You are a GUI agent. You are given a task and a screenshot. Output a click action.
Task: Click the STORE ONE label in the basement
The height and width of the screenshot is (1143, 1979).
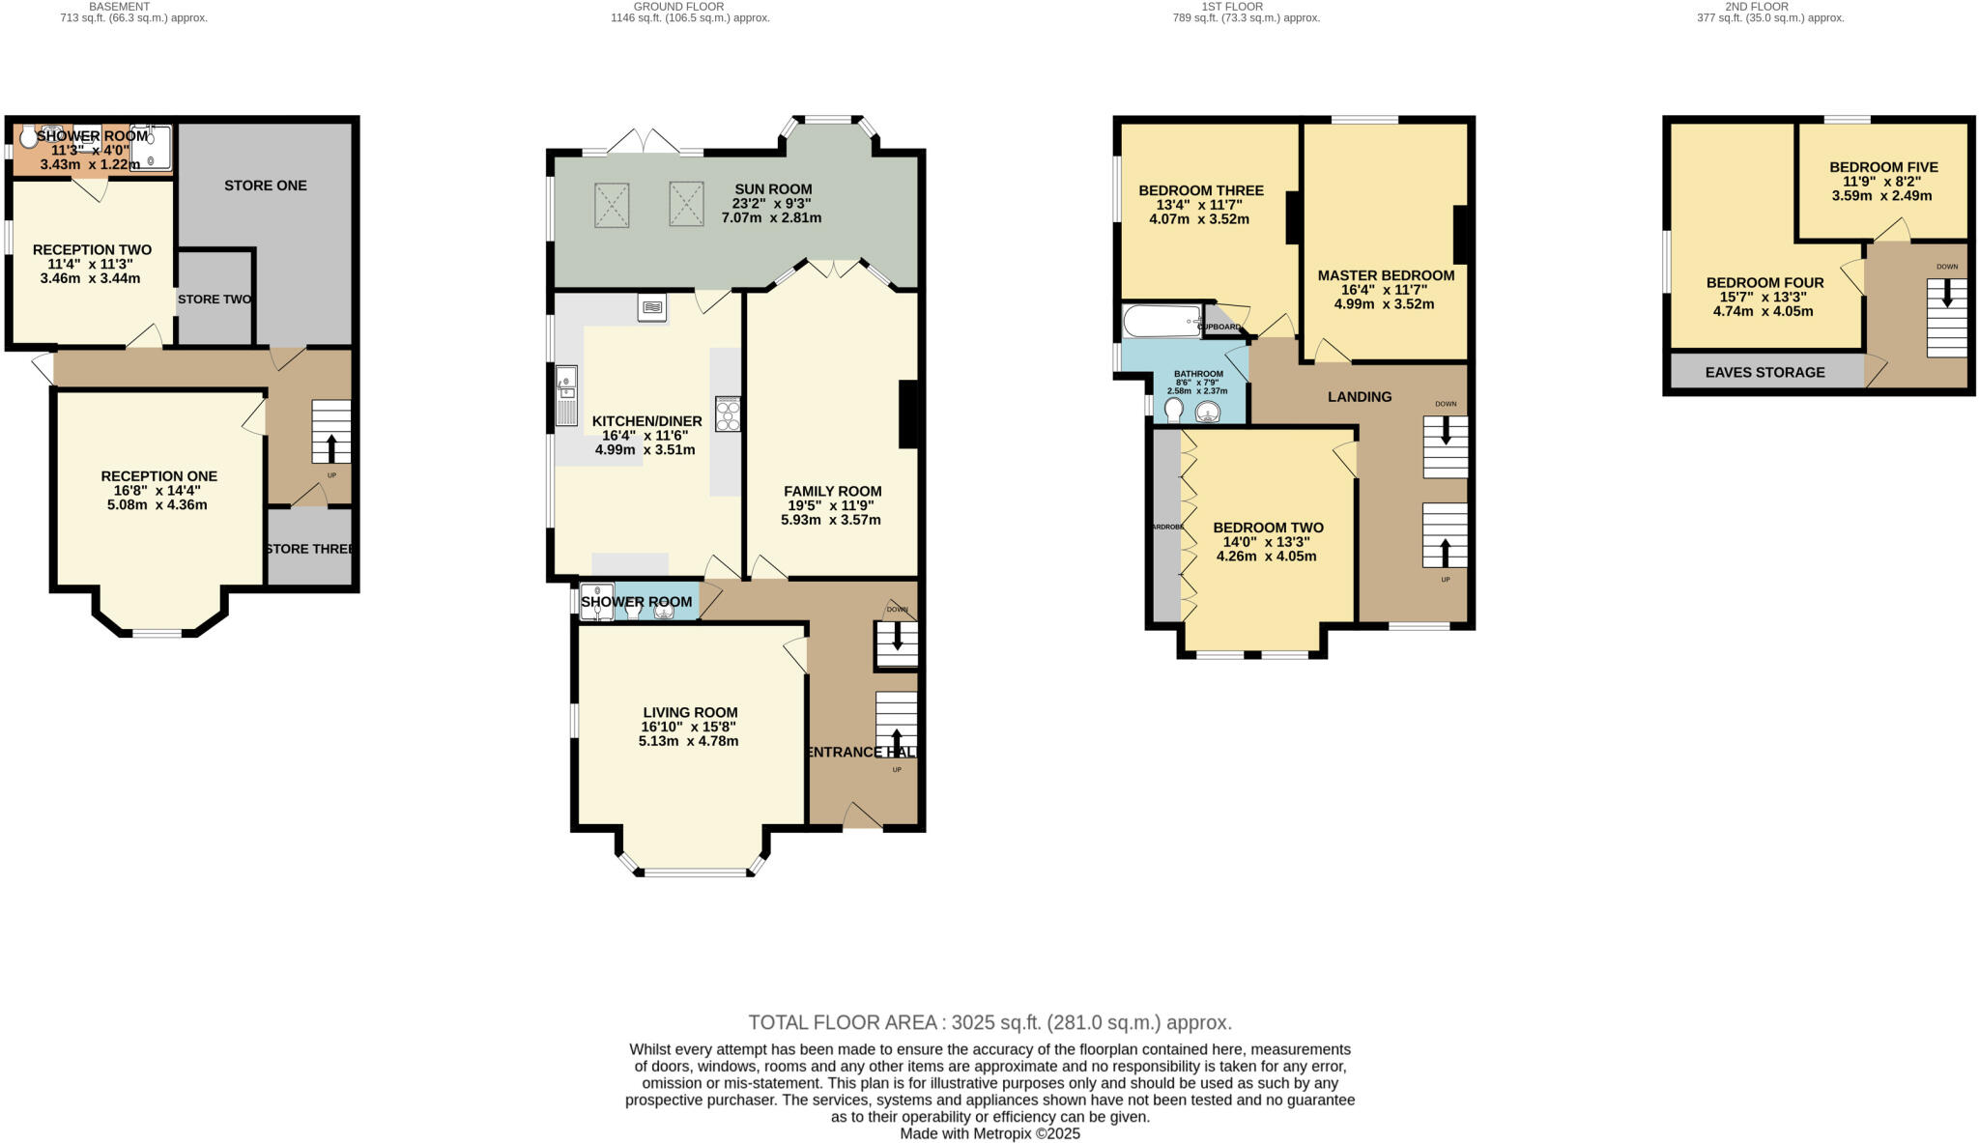265,186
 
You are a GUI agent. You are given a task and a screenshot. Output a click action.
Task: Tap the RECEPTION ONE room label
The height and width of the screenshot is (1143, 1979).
159,476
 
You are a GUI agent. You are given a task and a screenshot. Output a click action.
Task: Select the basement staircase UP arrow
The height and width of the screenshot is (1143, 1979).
332,449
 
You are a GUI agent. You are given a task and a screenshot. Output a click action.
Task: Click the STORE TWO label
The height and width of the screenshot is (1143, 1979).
215,300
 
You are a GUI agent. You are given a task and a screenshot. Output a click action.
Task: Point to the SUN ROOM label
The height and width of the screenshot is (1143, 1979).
773,189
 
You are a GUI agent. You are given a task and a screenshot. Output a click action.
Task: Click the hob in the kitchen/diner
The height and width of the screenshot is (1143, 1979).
728,414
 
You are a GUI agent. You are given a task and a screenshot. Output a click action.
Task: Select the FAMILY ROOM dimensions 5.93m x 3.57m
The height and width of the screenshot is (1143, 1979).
831,520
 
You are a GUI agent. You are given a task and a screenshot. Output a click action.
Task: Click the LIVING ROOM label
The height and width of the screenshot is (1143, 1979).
690,713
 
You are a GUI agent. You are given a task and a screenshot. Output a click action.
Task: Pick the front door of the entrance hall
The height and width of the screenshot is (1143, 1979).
862,818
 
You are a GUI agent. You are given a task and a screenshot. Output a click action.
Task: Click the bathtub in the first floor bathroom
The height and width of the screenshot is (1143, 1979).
1162,320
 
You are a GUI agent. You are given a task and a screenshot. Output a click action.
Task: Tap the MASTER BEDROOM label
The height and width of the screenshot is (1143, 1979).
1386,275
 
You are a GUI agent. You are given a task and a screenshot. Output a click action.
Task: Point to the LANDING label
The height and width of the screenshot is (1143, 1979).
1359,397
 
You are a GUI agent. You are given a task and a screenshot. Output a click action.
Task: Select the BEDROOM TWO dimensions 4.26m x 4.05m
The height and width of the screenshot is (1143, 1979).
1267,557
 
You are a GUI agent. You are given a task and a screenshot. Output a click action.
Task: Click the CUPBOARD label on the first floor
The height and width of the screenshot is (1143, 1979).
1219,328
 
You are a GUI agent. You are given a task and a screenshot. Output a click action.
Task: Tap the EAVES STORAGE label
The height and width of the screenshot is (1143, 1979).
1764,372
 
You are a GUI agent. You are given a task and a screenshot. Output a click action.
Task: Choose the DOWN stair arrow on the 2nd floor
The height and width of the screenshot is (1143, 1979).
1946,294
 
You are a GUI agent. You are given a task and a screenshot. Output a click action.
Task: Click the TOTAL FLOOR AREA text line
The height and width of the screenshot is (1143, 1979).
989,1022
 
